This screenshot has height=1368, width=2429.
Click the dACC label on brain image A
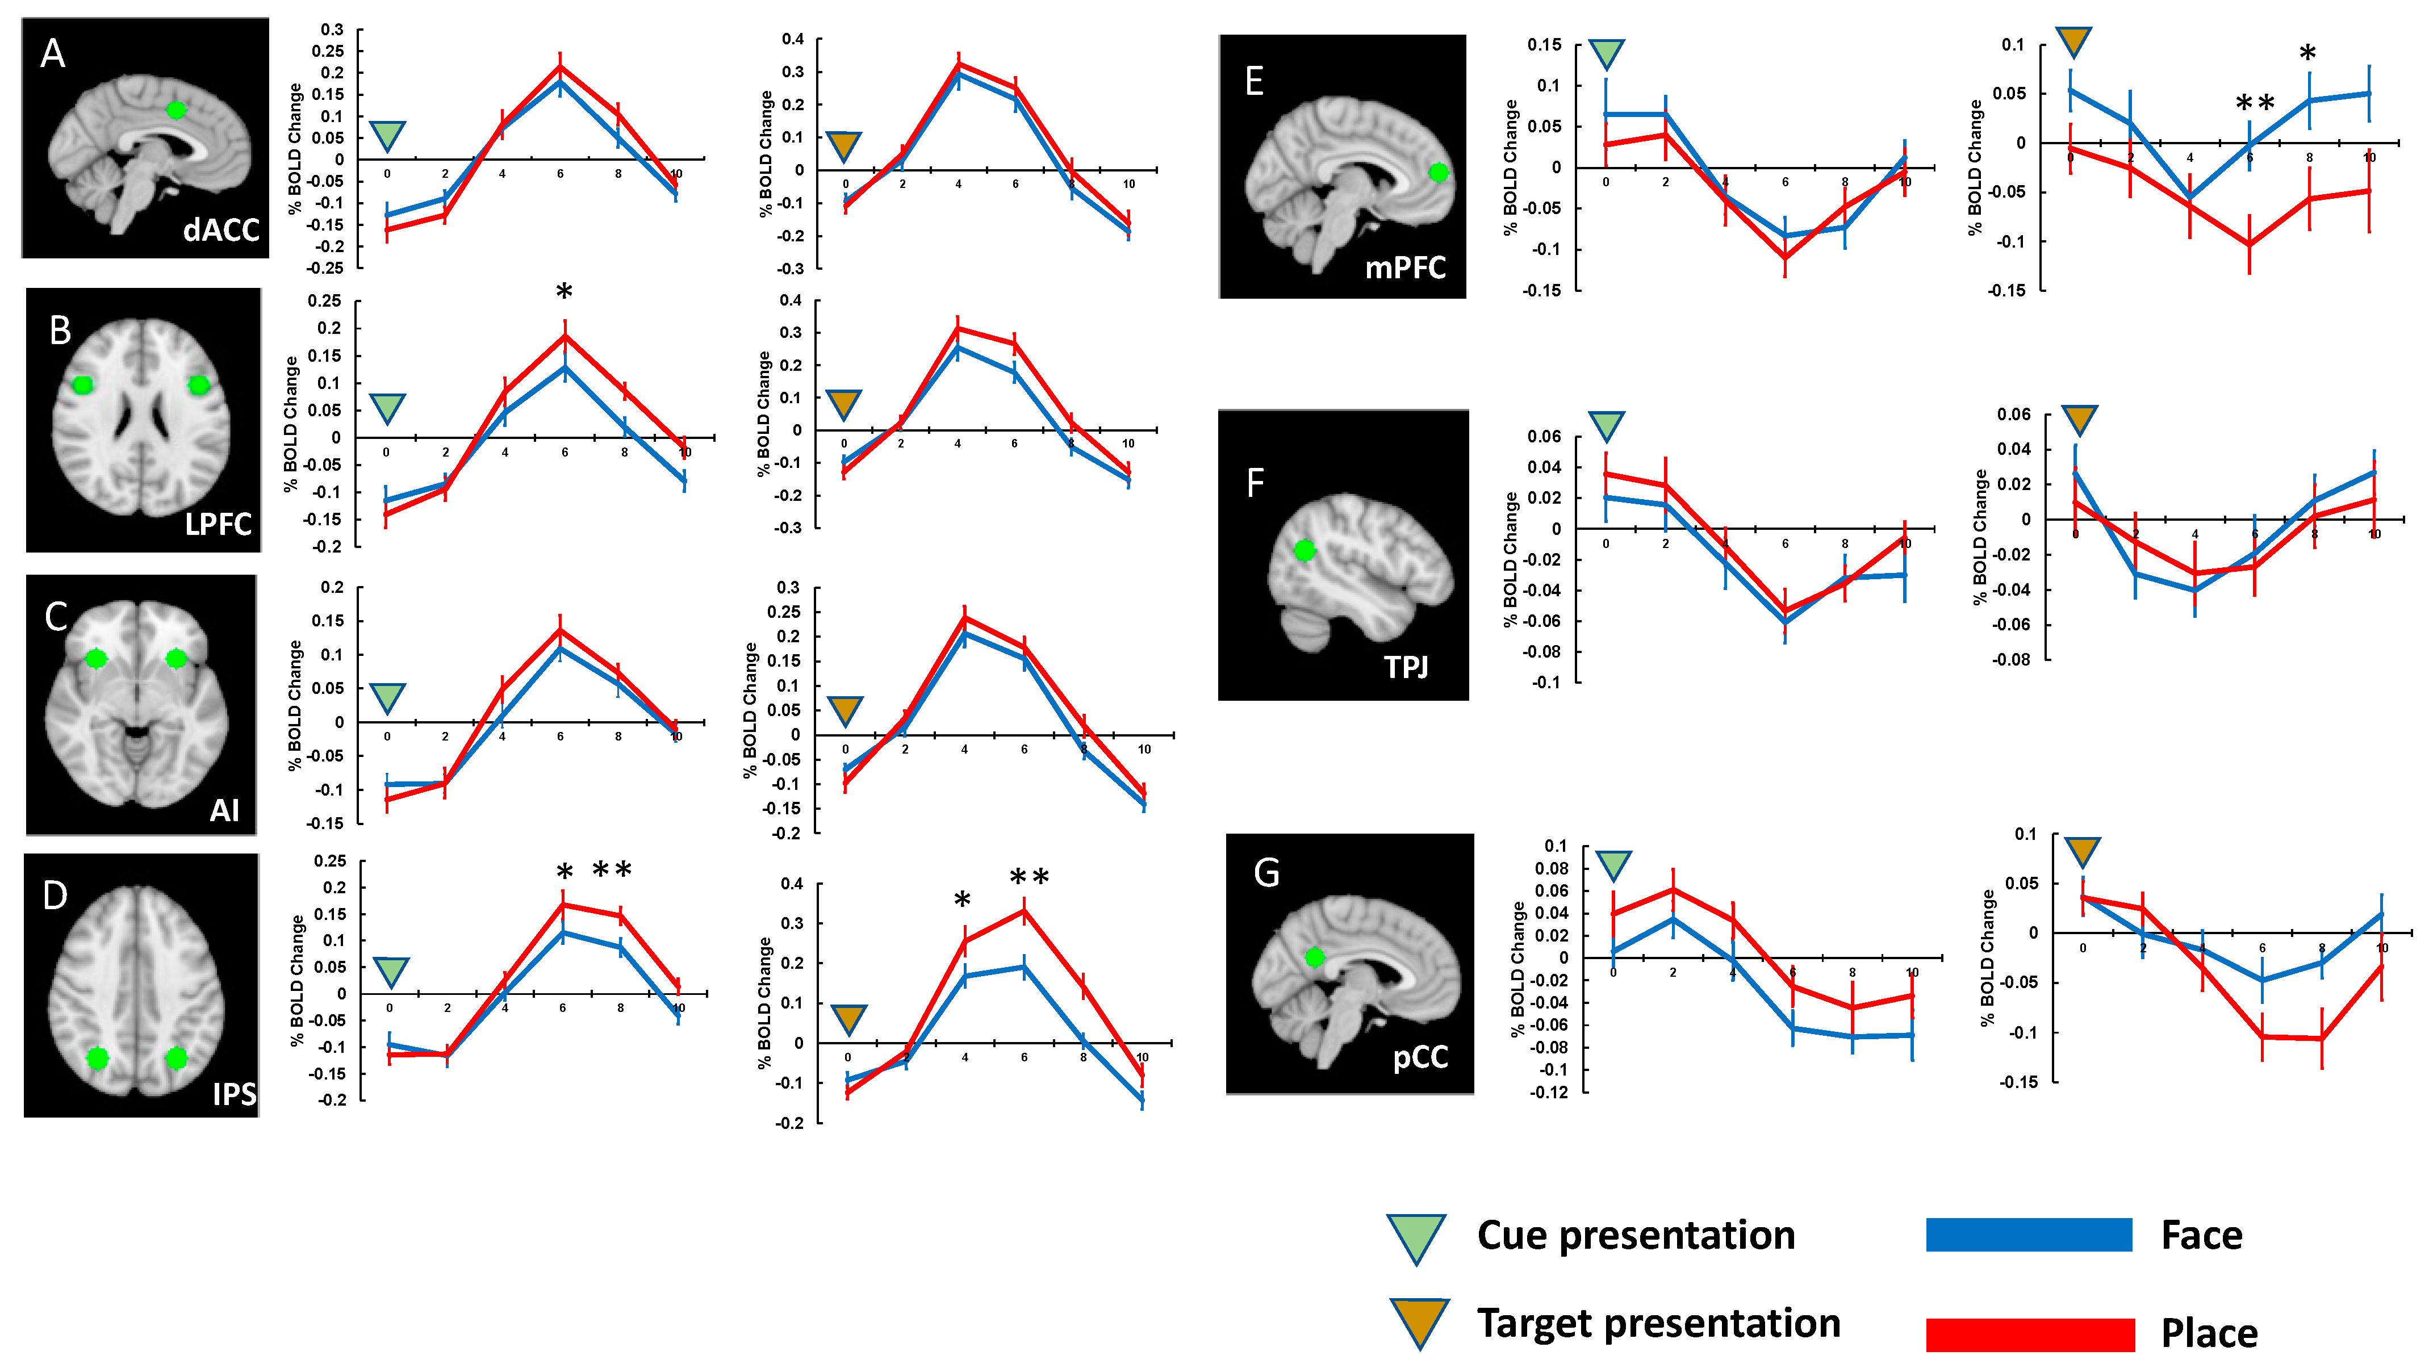coord(221,229)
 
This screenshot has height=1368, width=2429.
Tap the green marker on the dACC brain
coord(175,110)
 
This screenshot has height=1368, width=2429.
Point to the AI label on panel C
coord(224,810)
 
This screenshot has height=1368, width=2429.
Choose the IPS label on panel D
coord(234,1094)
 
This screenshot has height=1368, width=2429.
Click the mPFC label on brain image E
coord(1405,268)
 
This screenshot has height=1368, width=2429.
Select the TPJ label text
coord(1406,667)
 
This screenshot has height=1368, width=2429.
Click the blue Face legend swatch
coord(2028,1235)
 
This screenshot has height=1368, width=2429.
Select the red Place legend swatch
coord(2029,1334)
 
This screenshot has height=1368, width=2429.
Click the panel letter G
coord(1266,872)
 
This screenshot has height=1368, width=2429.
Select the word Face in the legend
coord(2202,1235)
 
